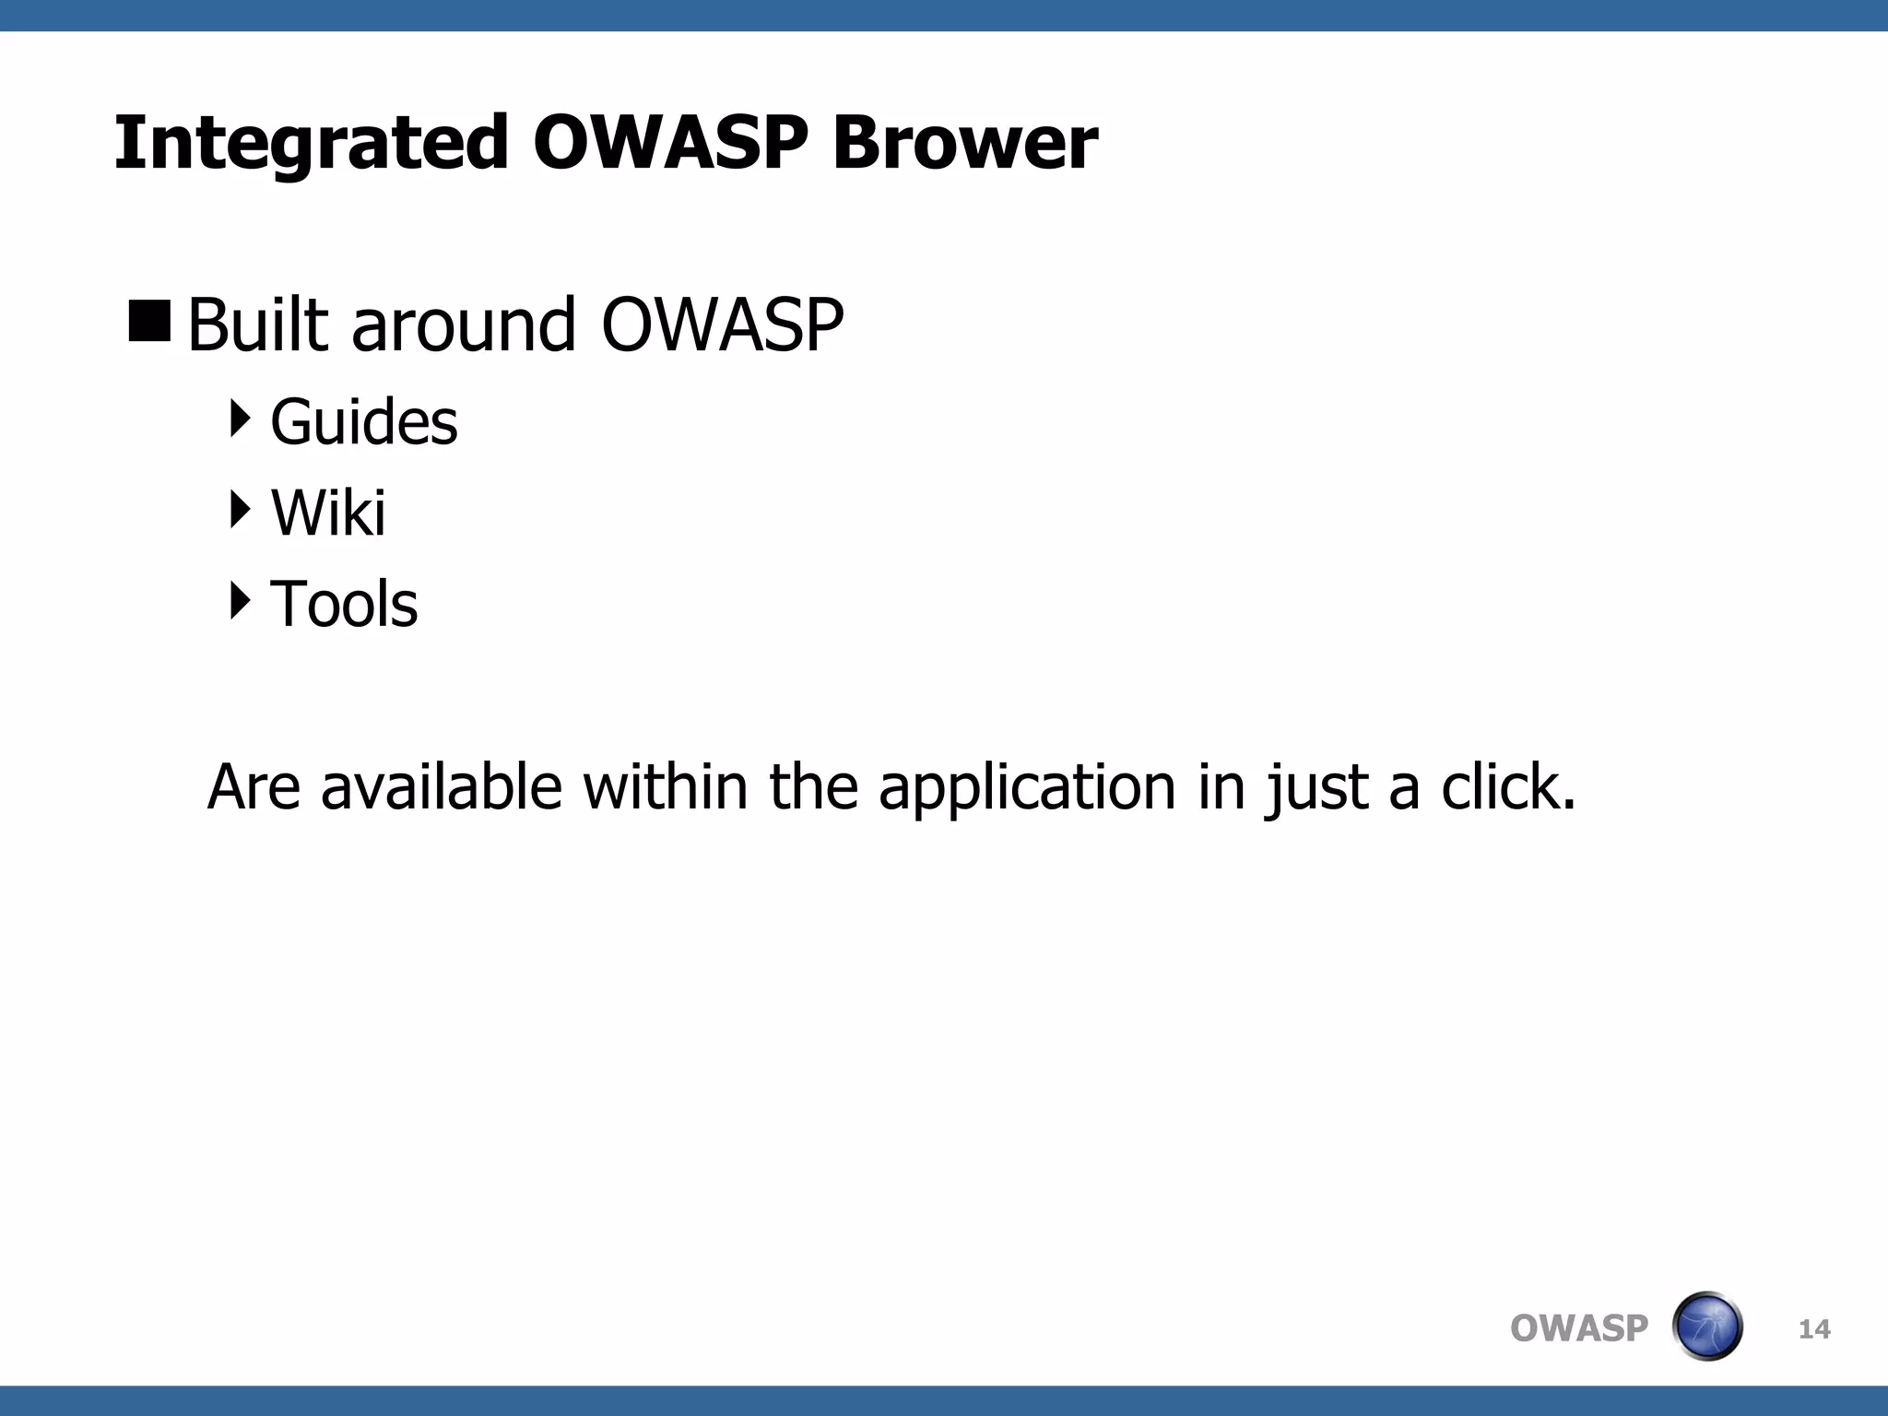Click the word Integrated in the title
311,145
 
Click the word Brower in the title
964,145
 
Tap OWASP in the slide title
670,145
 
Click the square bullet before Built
150,321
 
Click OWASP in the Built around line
722,325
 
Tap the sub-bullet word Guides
364,422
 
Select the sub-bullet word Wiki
328,513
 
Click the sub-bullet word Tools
344,605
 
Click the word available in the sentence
441,788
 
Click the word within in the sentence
665,788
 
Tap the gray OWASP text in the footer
1578,1328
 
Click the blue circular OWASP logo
1707,1327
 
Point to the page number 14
1814,1329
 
